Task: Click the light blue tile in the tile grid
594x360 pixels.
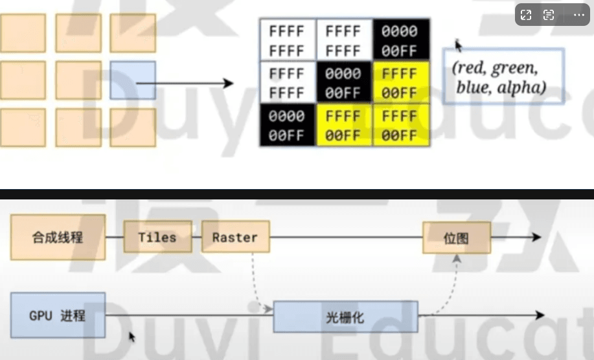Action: (x=133, y=80)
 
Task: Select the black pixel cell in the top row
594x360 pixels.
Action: (x=400, y=39)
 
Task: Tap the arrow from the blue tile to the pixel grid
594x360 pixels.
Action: (x=194, y=83)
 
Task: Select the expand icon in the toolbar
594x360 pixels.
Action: (x=526, y=15)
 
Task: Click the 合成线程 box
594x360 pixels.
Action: (x=58, y=238)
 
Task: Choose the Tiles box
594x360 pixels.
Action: (x=157, y=238)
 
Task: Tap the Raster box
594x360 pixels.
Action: (x=235, y=238)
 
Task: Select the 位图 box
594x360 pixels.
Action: (x=456, y=238)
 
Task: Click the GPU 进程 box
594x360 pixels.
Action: (x=58, y=317)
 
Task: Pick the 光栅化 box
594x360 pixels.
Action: (x=345, y=317)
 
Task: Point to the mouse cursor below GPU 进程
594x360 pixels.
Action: (x=131, y=337)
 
